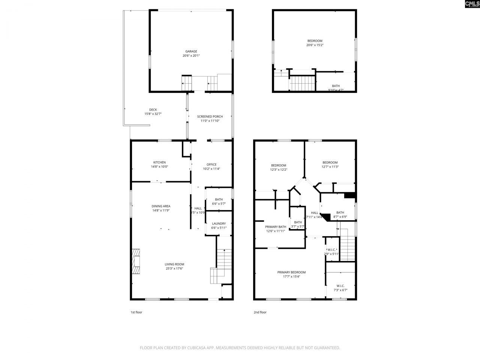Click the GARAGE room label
tap(191, 52)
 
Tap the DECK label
tap(153, 110)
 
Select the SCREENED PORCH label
tap(210, 117)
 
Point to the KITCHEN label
tap(159, 162)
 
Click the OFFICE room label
tap(211, 165)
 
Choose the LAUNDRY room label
tap(219, 223)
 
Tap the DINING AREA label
tap(161, 206)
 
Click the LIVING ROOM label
tap(174, 264)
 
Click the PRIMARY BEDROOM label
tap(291, 272)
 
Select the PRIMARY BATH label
tap(276, 227)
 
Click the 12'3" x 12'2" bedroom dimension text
tap(279, 169)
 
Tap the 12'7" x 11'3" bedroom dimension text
tap(330, 167)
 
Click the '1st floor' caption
tap(136, 312)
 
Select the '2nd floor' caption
tap(260, 312)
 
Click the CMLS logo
tap(472, 4)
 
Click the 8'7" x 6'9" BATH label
tap(340, 213)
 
